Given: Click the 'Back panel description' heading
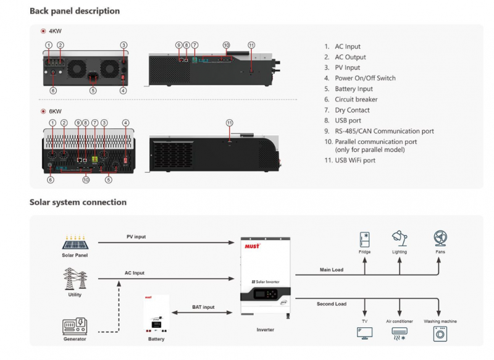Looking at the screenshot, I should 75,11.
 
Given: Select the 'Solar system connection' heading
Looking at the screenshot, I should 78,203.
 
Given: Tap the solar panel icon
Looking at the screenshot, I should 75,241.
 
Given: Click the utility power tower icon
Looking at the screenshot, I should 75,278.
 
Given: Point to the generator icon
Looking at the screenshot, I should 75,325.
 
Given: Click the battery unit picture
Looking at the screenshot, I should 156,316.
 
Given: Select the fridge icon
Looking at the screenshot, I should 364,239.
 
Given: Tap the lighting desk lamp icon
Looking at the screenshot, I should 399,238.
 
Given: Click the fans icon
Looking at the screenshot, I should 439,239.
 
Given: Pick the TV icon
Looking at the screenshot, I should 364,333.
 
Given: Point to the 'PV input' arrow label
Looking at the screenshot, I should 136,237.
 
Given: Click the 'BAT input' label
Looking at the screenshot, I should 204,307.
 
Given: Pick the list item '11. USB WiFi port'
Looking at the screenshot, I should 350,161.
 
